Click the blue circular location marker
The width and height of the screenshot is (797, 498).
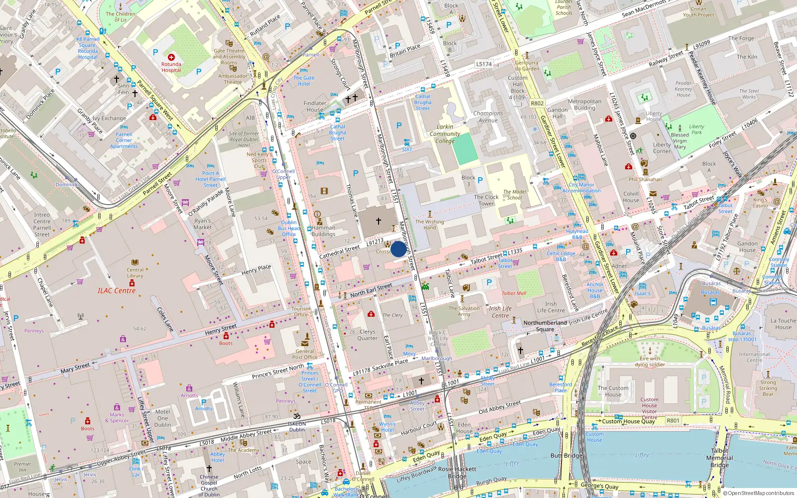398,249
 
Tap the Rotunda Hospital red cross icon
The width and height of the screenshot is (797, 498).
171,57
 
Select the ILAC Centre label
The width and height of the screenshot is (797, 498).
117,291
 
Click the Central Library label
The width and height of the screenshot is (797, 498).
135,273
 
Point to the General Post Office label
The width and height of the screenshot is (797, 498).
305,354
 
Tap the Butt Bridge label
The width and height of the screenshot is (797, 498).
566,456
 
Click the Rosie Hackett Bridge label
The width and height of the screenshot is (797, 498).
457,473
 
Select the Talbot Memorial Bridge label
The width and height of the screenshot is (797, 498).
720,458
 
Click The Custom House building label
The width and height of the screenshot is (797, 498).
613,391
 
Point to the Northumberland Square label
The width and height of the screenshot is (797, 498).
545,326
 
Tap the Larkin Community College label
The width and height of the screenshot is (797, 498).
445,134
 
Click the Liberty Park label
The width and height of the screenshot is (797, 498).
696,129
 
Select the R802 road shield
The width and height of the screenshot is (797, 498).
537,104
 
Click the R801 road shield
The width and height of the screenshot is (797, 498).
673,420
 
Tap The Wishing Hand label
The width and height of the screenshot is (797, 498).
429,225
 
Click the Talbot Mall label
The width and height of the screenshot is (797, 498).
514,293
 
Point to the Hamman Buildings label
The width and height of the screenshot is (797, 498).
323,231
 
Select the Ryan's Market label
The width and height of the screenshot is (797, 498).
203,224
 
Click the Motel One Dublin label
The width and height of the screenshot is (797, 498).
162,418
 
